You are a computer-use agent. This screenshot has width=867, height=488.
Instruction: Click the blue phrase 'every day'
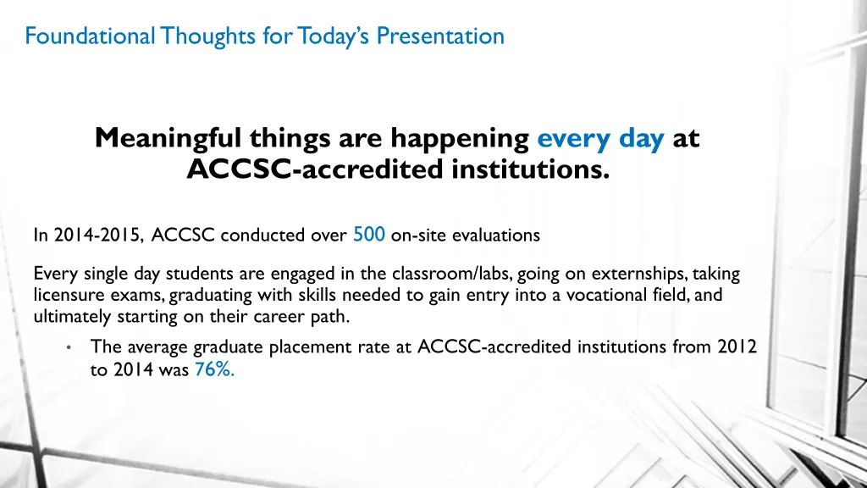pyautogui.click(x=600, y=137)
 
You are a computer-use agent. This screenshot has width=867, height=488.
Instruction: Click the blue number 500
pyautogui.click(x=369, y=236)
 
